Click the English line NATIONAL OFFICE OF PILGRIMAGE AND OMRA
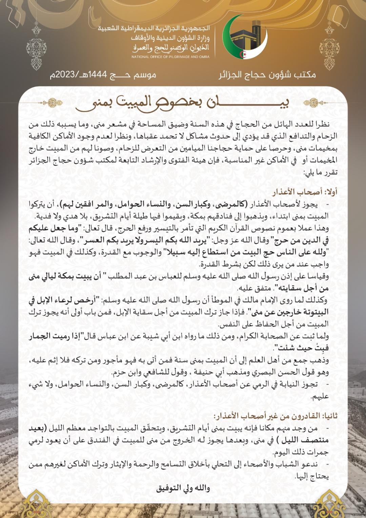170,57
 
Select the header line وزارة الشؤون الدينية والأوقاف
170,38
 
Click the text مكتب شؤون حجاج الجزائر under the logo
267,75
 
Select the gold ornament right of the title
315,102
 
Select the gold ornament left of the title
51,102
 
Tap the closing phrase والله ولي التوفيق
183,488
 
